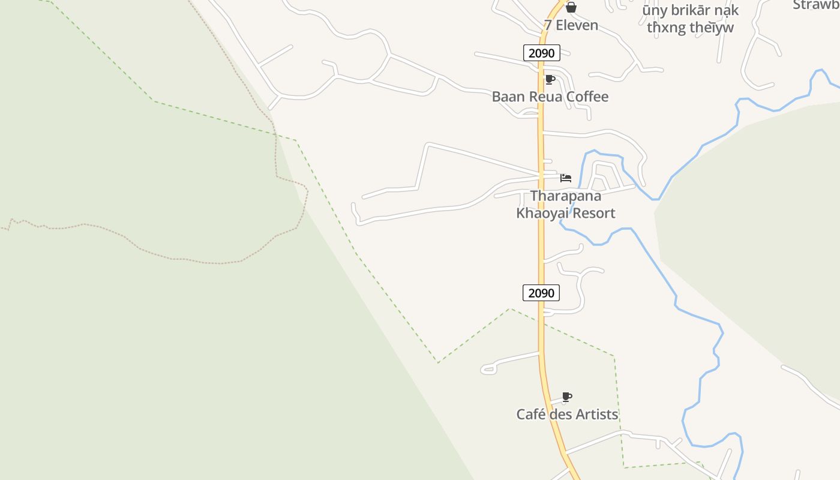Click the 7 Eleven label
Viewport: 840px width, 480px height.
tap(571, 25)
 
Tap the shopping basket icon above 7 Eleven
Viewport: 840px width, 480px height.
tap(571, 7)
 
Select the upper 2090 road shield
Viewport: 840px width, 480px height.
tap(542, 53)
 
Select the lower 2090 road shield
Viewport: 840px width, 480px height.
tap(541, 293)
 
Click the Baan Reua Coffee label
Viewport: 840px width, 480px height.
tap(550, 97)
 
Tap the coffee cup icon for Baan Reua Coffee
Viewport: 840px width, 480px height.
tap(550, 79)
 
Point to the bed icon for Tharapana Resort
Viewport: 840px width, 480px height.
tap(566, 178)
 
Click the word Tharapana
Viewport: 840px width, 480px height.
tap(566, 196)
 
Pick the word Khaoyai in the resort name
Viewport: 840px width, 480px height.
tap(540, 213)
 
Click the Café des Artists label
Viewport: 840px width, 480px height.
tap(567, 414)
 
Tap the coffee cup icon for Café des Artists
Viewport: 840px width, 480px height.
tap(567, 397)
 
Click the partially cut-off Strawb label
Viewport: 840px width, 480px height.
tap(816, 5)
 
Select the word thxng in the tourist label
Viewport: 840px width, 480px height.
tap(665, 28)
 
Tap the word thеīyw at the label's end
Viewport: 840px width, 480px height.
tap(712, 28)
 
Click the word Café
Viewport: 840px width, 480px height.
tap(531, 414)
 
